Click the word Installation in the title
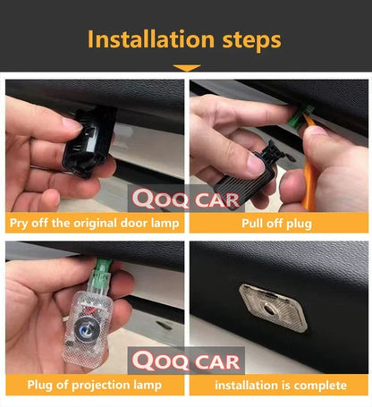(x=151, y=39)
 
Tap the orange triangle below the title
(x=187, y=68)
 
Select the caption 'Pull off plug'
(x=276, y=224)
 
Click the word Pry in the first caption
(x=19, y=224)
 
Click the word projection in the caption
(x=100, y=386)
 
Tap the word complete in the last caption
(x=319, y=386)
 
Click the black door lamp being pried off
(x=89, y=142)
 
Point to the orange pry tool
(x=309, y=167)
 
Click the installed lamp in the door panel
(x=273, y=308)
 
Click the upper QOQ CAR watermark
(x=186, y=199)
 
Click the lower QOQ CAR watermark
(x=186, y=360)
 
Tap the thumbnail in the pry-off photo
(x=71, y=125)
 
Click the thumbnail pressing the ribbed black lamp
(x=256, y=164)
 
